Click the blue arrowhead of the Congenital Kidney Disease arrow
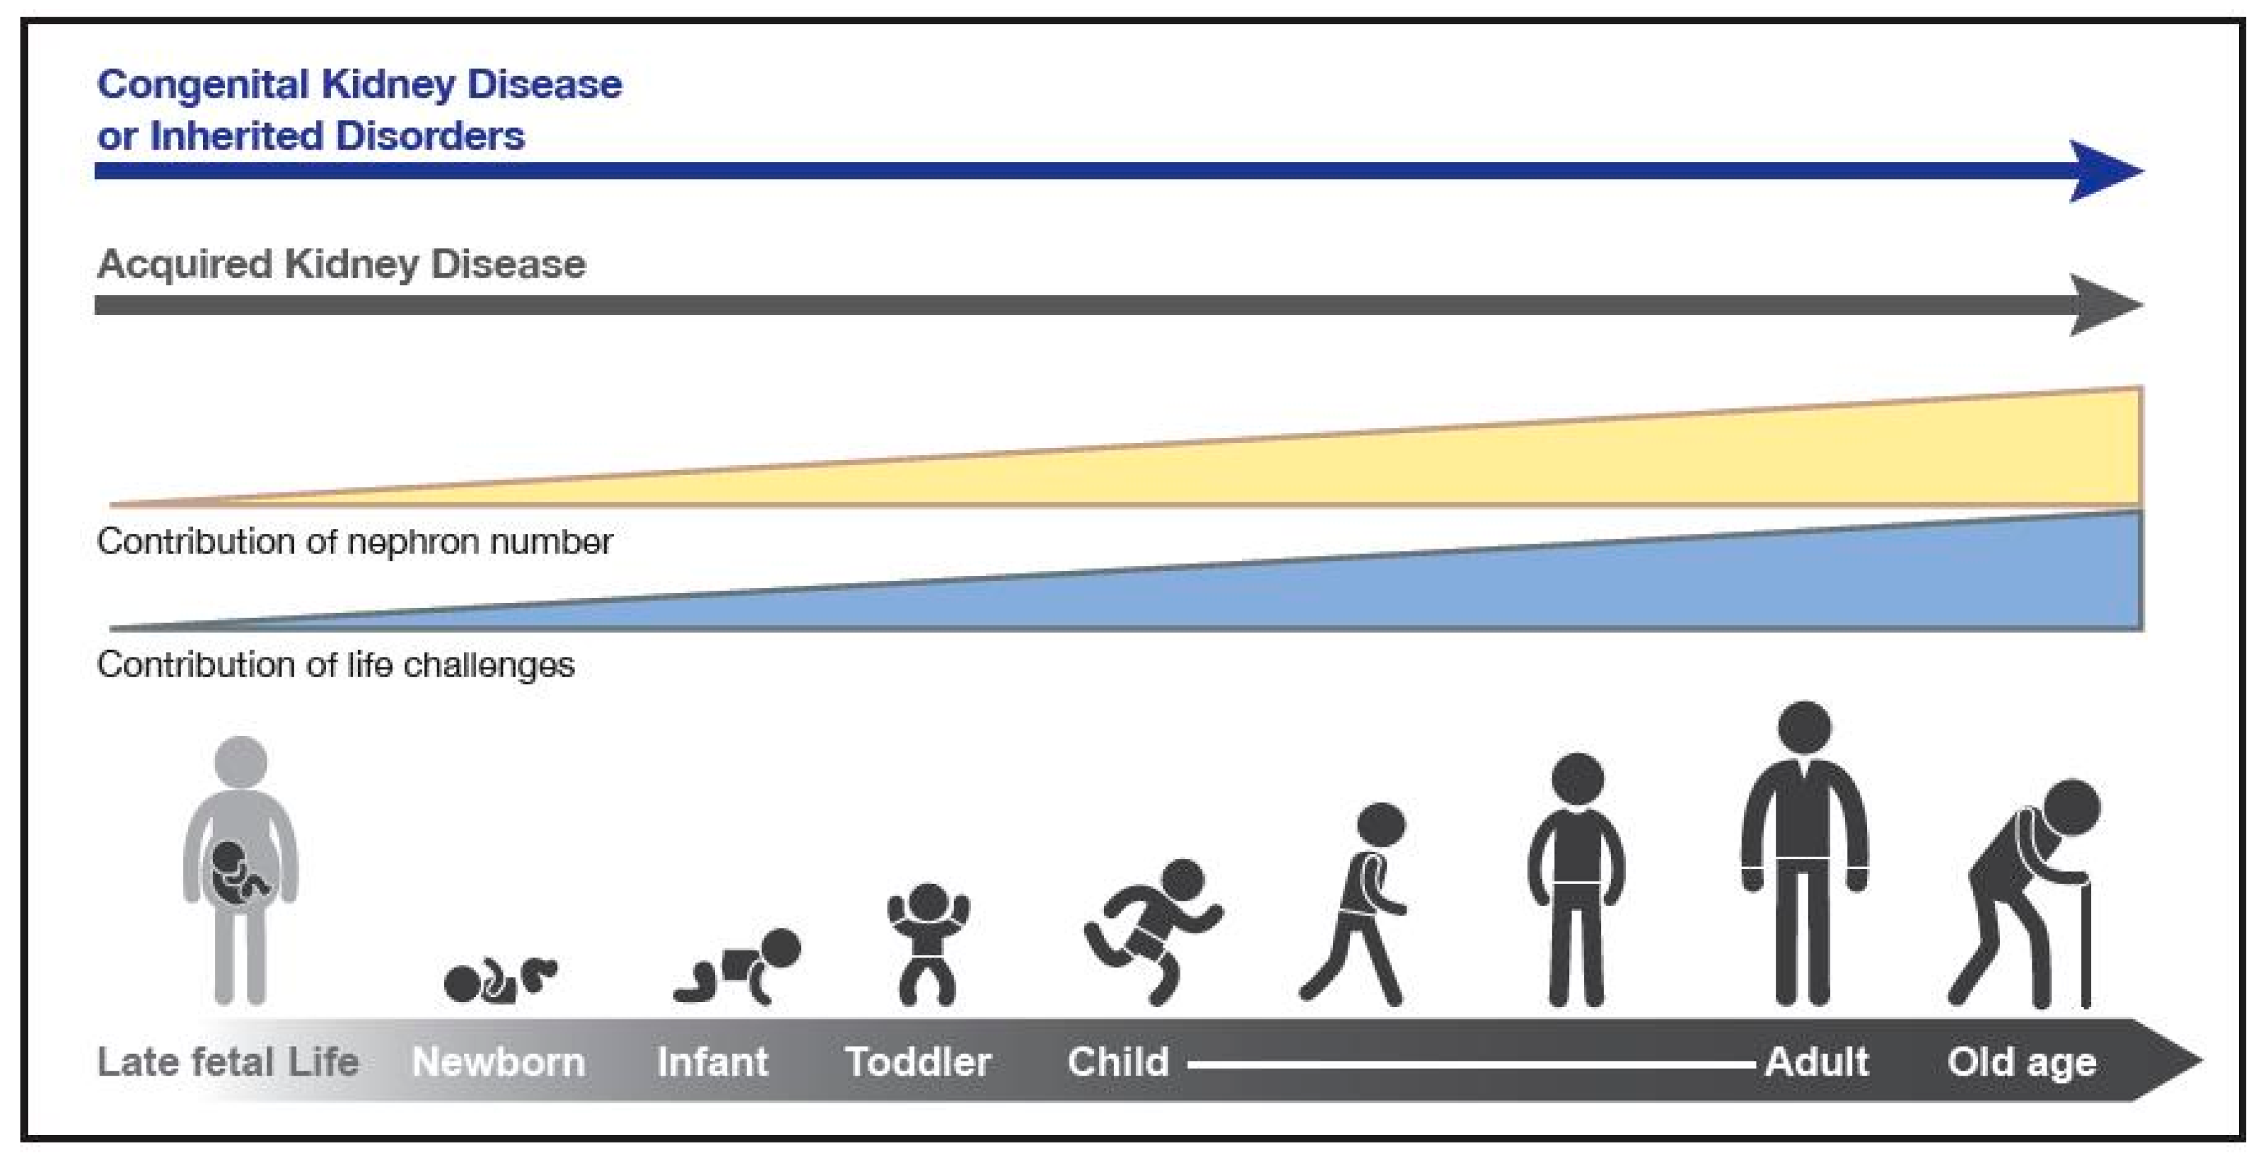(x=2104, y=171)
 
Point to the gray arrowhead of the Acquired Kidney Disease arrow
(x=2104, y=305)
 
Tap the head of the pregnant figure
(x=241, y=762)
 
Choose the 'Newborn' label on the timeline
(x=498, y=1063)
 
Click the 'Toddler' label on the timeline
(x=918, y=1063)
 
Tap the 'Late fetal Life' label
(x=228, y=1063)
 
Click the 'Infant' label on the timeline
(x=712, y=1063)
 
